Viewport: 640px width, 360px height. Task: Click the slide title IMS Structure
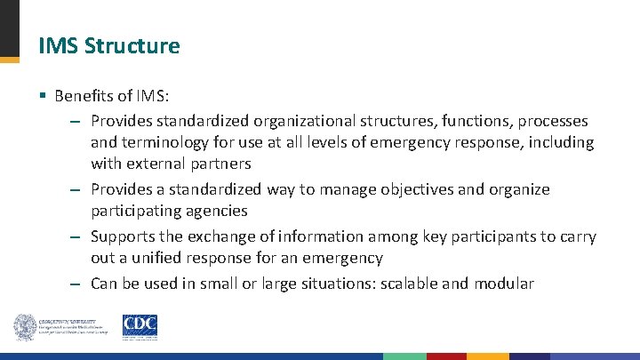[x=109, y=45]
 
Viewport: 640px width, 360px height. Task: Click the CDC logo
[x=140, y=327]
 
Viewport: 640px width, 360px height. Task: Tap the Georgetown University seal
[x=24, y=327]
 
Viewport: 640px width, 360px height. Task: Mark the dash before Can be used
[x=76, y=284]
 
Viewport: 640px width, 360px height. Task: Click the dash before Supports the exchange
[x=76, y=237]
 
